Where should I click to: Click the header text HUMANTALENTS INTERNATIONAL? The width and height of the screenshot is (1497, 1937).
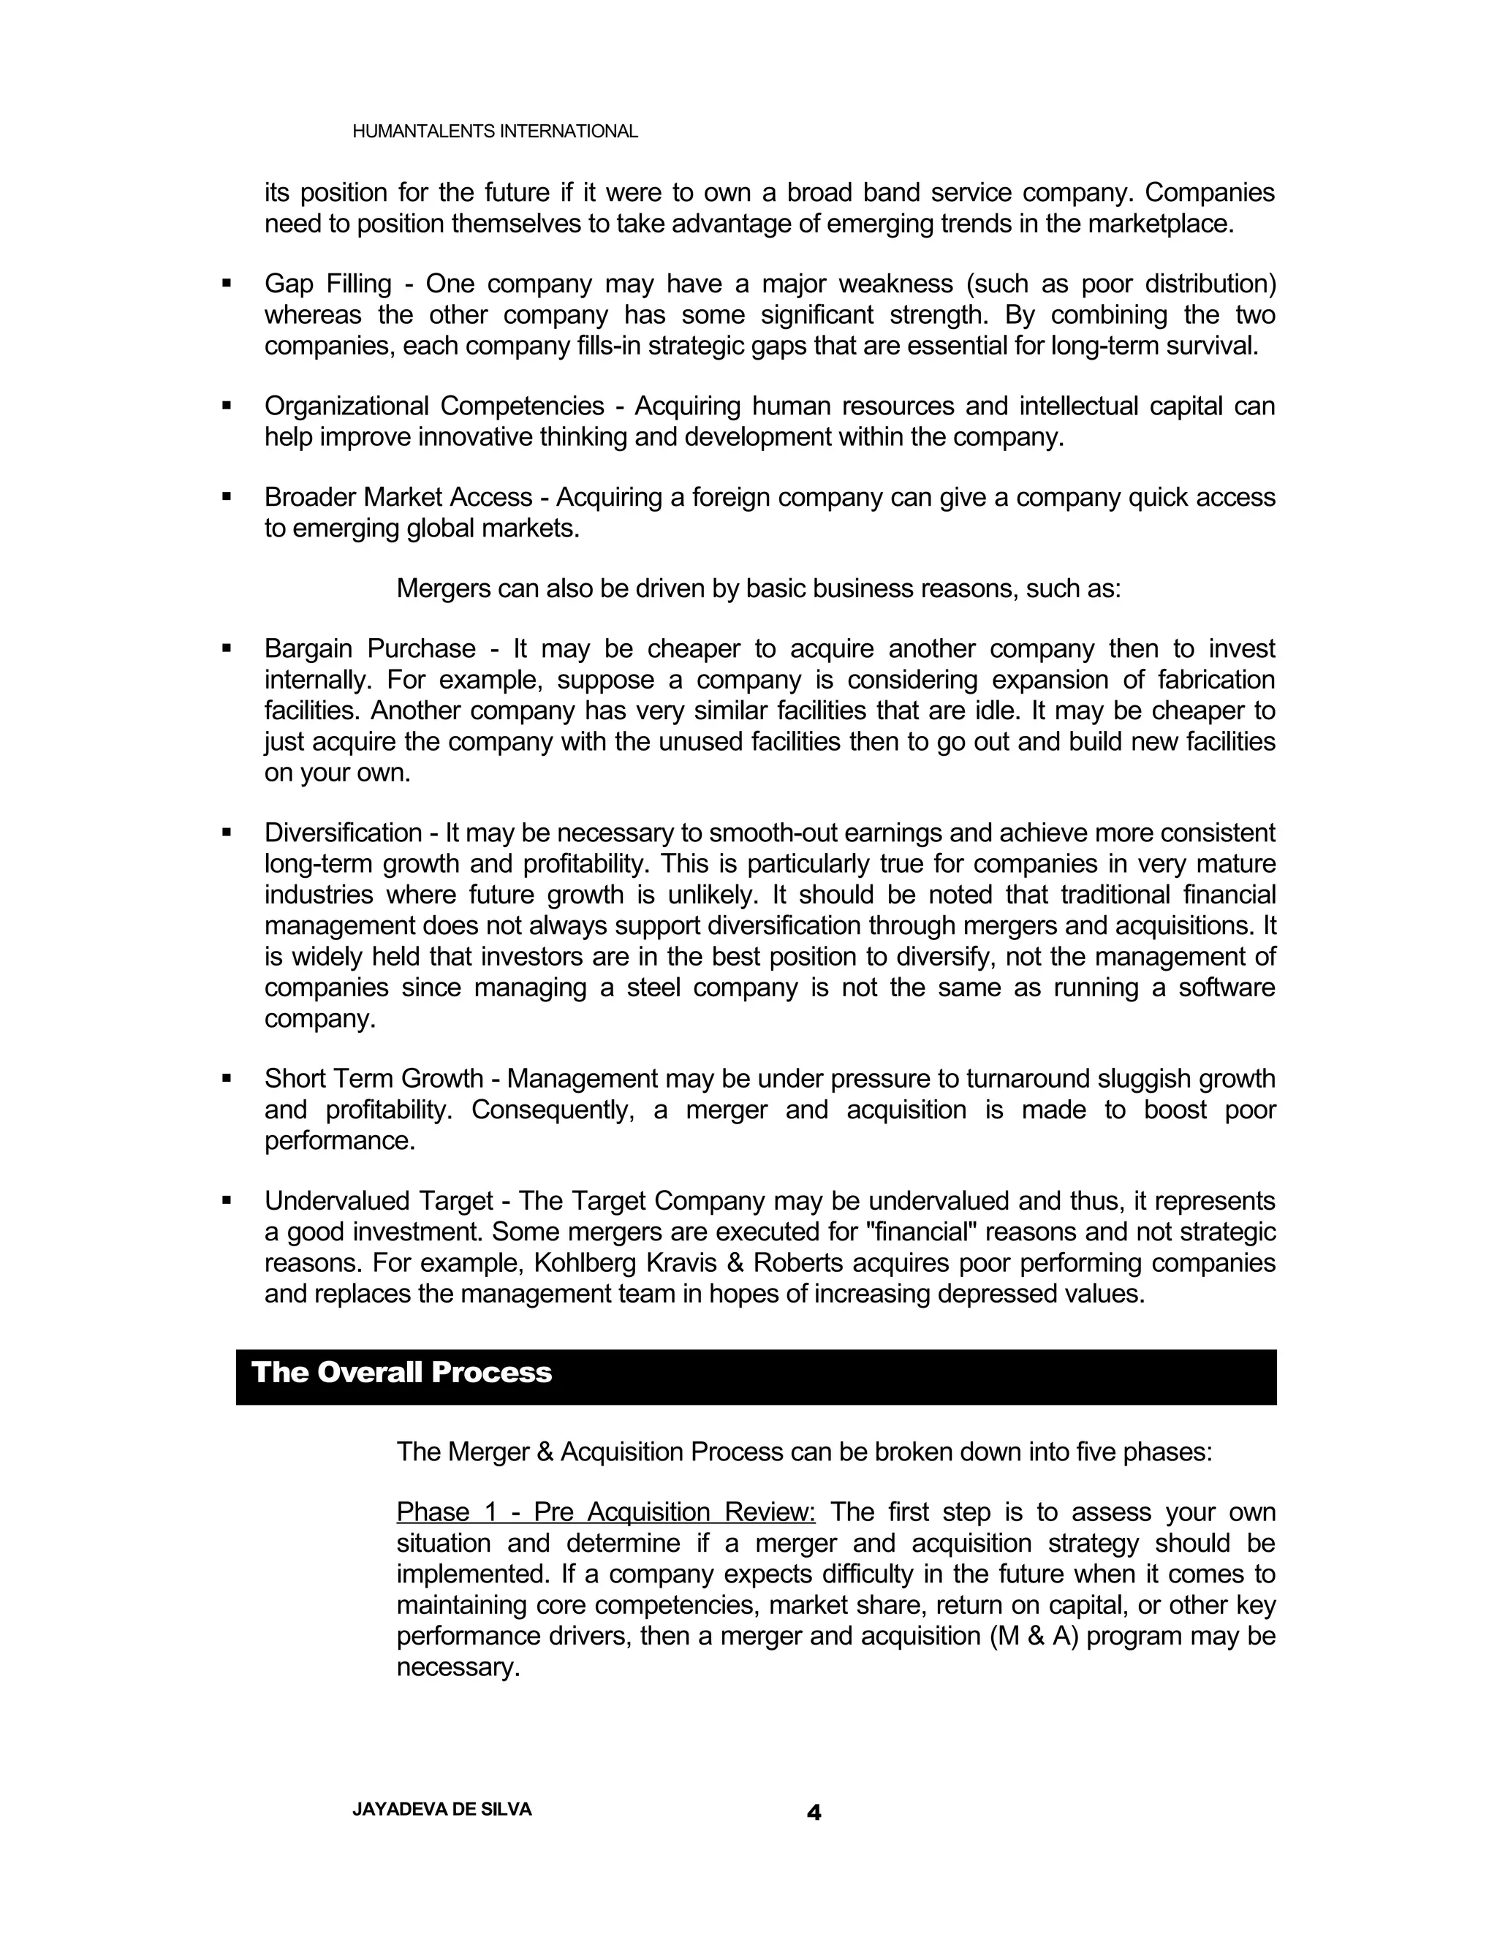click(x=495, y=132)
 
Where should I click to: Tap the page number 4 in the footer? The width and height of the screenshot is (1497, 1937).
click(x=814, y=1813)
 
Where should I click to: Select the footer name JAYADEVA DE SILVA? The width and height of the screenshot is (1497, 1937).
click(x=441, y=1809)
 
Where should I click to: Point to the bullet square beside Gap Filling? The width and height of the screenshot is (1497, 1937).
click(x=227, y=284)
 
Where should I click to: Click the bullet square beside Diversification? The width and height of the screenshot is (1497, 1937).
click(x=227, y=833)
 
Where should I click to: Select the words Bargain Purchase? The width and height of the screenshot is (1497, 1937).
click(x=370, y=648)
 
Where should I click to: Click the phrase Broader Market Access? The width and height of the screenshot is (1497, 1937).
click(x=398, y=498)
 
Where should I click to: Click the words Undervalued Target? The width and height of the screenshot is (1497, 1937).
click(x=378, y=1201)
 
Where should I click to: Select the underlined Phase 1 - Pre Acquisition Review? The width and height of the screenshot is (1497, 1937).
click(x=606, y=1512)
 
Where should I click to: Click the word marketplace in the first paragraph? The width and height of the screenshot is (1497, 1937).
click(x=1160, y=224)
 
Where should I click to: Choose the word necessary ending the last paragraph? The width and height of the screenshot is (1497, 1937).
click(x=457, y=1667)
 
